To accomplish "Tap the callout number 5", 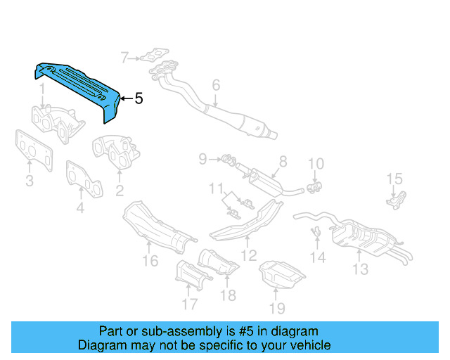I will click(139, 99).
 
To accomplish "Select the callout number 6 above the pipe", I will click(216, 85).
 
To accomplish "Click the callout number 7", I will click(124, 57).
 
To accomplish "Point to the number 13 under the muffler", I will click(360, 269).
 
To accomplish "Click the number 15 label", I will click(394, 179).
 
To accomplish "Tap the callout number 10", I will click(316, 165).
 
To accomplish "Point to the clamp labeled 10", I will click(314, 187).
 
